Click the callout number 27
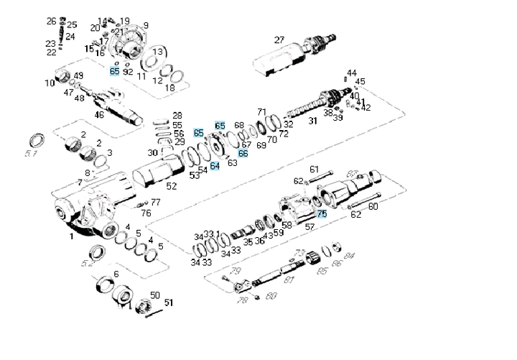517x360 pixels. pos(279,39)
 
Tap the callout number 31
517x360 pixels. pos(312,121)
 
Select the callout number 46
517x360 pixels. pos(99,114)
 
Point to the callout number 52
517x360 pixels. pos(171,186)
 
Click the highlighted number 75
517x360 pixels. pos(322,213)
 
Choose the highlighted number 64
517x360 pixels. pos(215,166)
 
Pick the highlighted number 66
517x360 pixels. pos(243,153)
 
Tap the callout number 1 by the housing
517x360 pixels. pos(71,236)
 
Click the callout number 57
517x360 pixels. pos(310,227)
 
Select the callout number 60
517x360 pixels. pos(373,207)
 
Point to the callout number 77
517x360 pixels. pos(155,202)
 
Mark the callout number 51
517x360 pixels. pos(169,303)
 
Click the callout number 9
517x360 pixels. pos(146,26)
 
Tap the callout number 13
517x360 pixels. pos(157,52)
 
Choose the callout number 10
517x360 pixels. pos(50,83)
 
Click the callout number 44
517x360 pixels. pos(351,73)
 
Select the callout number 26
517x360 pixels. pos(52,22)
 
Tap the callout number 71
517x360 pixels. pos(262,112)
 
